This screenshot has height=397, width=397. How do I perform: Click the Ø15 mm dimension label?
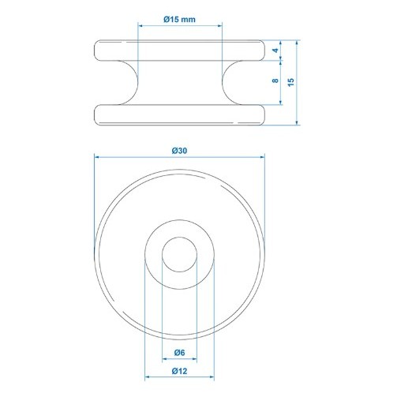(179, 20)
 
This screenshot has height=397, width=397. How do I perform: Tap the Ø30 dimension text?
(179, 151)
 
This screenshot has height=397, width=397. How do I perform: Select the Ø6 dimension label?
(179, 353)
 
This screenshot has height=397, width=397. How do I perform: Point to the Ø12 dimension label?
(179, 371)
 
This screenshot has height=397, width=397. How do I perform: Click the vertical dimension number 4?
(275, 51)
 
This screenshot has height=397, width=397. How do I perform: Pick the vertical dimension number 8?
(275, 81)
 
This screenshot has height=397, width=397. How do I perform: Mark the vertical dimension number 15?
(291, 82)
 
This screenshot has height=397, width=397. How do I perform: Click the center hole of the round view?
(180, 254)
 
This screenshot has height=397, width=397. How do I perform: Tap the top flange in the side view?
(179, 51)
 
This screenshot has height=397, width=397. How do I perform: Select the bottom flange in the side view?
(179, 115)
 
